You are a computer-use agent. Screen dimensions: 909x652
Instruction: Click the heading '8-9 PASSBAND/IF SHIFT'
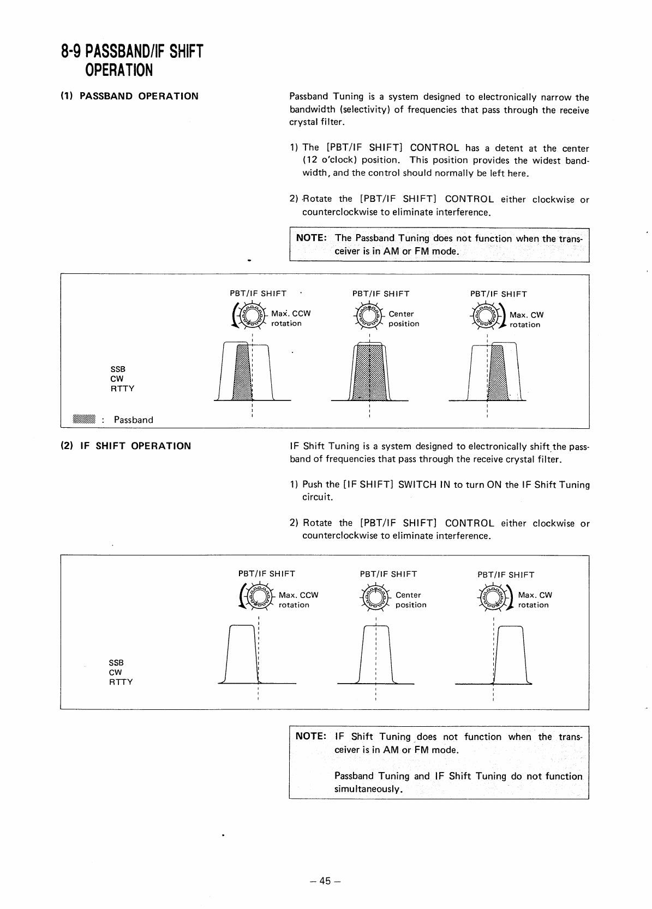131,52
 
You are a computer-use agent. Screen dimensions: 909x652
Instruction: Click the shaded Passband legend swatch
84,419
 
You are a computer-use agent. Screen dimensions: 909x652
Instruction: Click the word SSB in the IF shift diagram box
116,662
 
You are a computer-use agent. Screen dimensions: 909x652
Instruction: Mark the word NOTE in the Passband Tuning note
311,238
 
